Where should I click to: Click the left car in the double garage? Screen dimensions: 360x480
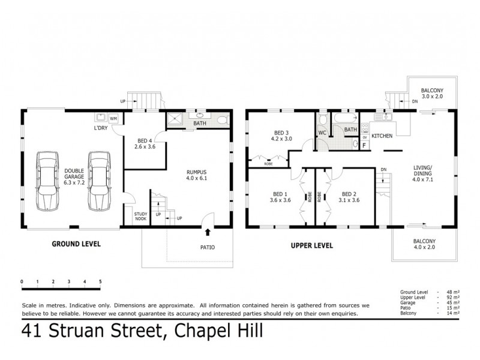click(47, 181)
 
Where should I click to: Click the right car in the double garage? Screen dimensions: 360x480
click(98, 181)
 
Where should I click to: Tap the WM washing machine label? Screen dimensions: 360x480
click(113, 118)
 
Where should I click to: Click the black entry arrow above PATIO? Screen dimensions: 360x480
click(208, 231)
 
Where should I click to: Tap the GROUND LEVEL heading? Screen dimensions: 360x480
click(76, 244)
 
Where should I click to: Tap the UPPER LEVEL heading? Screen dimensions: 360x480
click(311, 245)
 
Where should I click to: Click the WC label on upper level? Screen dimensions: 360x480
click(322, 133)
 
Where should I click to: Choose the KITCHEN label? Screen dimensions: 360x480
click(382, 136)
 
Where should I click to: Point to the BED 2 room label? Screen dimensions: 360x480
click(350, 194)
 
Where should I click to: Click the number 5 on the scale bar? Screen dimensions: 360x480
click(100, 281)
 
